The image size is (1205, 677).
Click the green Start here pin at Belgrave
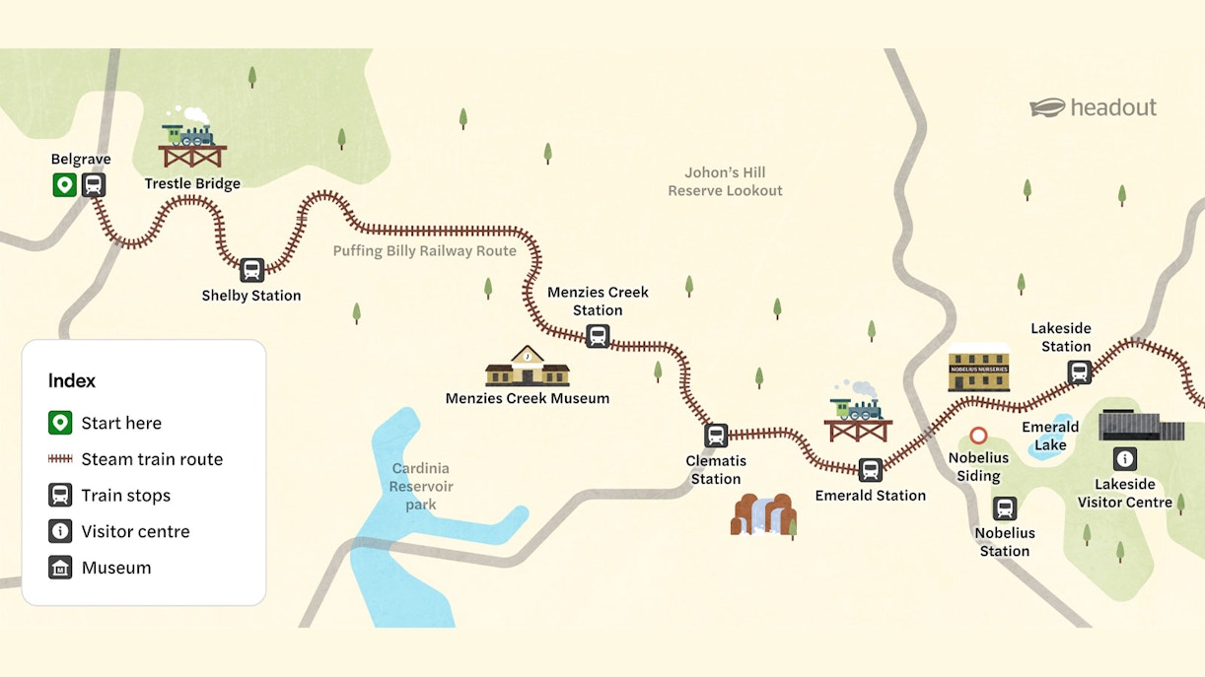click(65, 184)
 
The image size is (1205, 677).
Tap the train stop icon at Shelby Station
click(251, 269)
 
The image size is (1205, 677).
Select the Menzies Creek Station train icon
click(598, 337)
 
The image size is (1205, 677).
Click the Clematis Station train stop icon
click(716, 435)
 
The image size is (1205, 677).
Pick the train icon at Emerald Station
click(870, 470)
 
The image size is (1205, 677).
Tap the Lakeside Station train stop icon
click(1080, 372)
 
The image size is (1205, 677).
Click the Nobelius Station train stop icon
click(1005, 508)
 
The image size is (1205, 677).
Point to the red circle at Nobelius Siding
click(978, 435)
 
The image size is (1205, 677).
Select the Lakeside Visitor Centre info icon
click(1125, 458)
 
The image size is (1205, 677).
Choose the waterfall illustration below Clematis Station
click(763, 513)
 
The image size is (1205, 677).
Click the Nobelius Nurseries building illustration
click(978, 369)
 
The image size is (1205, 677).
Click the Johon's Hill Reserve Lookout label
click(725, 181)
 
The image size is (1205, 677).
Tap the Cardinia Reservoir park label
click(421, 487)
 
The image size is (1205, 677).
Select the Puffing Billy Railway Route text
click(424, 251)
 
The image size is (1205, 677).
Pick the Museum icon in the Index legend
click(60, 568)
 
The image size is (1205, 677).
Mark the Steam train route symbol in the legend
click(60, 459)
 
